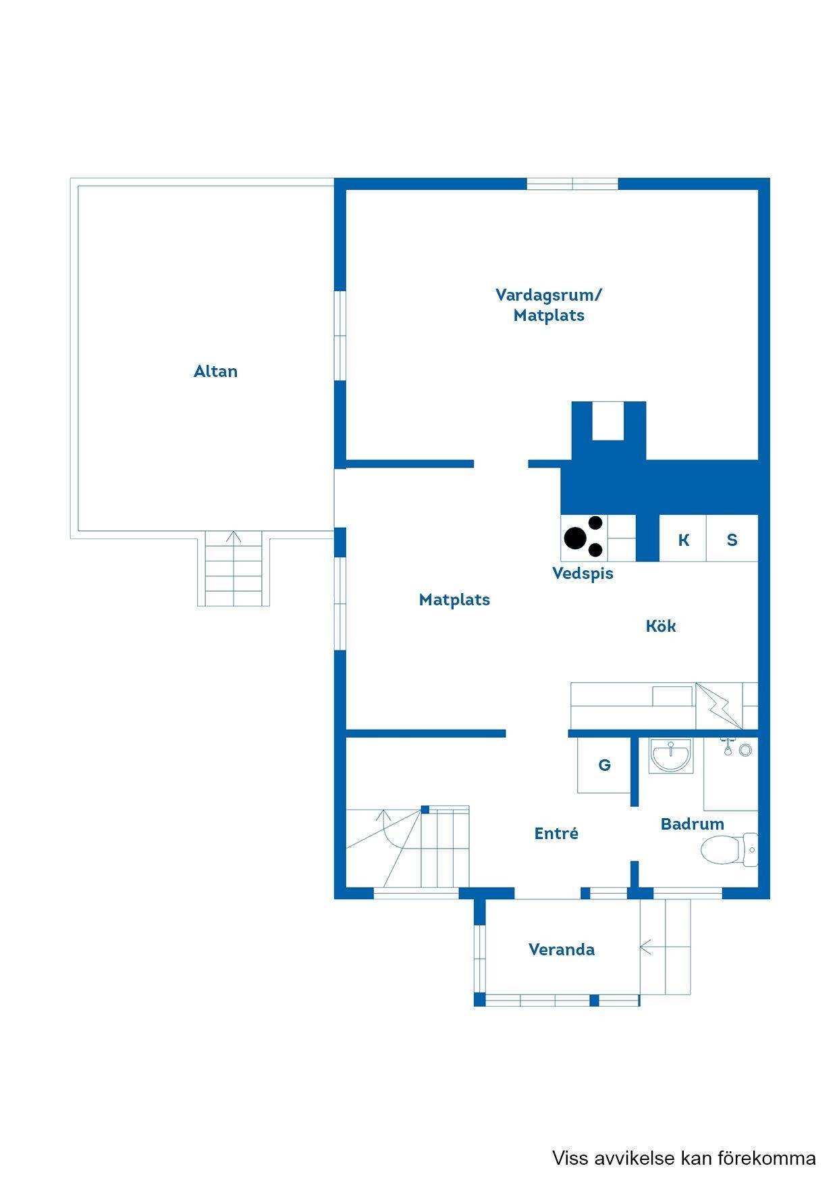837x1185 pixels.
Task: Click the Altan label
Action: click(215, 371)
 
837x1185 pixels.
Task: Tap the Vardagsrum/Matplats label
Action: click(549, 305)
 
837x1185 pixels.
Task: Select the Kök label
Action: click(661, 626)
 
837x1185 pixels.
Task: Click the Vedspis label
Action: click(583, 574)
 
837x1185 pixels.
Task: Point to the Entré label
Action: click(556, 833)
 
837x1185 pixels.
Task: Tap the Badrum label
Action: click(693, 824)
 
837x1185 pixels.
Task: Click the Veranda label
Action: click(562, 950)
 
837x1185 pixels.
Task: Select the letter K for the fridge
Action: click(684, 540)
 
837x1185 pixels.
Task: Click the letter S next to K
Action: click(732, 540)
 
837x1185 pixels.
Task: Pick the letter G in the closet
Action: click(605, 765)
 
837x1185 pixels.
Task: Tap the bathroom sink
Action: click(670, 755)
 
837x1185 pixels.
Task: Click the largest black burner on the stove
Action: click(576, 538)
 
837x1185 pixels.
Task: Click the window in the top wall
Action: click(572, 183)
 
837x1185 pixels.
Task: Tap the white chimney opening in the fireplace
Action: click(608, 421)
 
